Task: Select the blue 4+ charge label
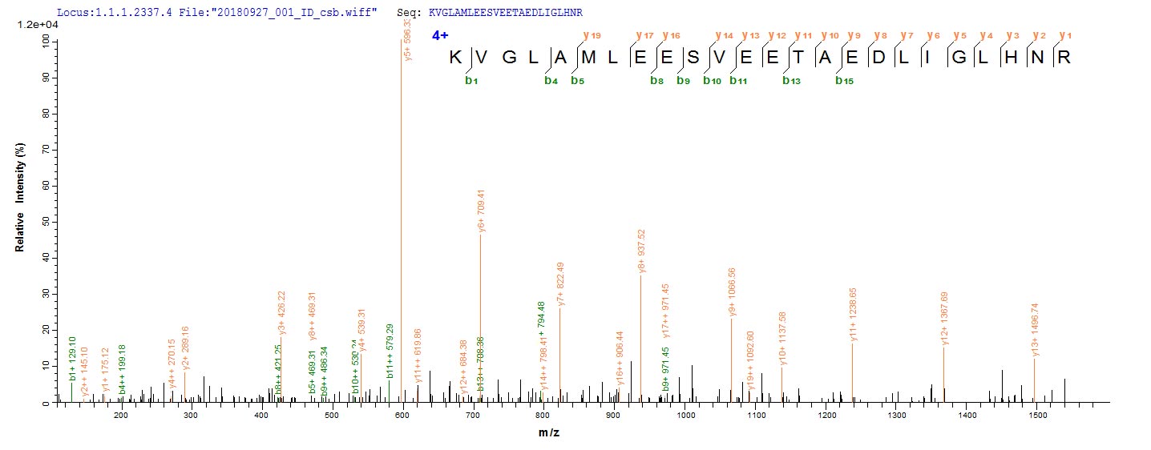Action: point(440,36)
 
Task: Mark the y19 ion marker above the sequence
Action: point(592,35)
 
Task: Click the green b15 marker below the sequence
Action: point(844,80)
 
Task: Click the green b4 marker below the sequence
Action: point(551,80)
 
